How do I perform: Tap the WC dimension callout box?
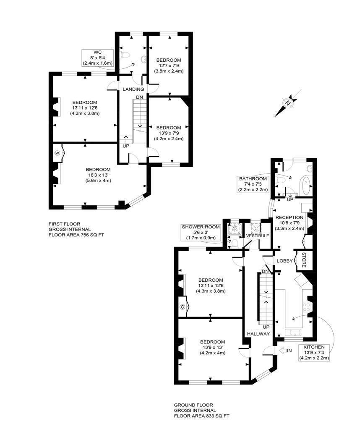pos(98,58)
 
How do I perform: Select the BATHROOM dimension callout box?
pos(253,184)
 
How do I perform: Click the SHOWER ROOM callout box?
pos(201,232)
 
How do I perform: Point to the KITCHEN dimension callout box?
pos(314,352)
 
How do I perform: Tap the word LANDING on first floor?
pos(133,89)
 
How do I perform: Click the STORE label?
pos(304,260)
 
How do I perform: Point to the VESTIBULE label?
pos(258,236)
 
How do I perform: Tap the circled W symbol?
pos(57,154)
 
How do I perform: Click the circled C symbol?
pos(183,307)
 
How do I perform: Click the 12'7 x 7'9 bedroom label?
pos(169,65)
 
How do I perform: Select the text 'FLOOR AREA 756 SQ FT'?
pos(76,235)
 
